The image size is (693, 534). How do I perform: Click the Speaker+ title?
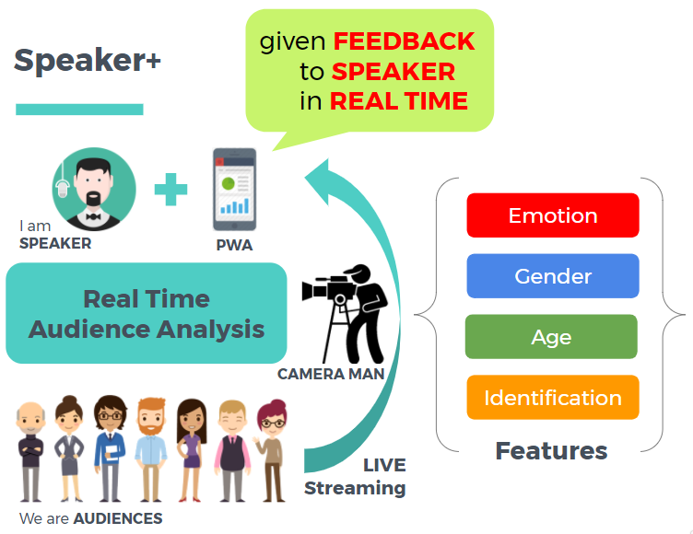pos(88,61)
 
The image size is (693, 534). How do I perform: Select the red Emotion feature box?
pos(552,215)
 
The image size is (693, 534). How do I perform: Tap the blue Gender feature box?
pos(552,276)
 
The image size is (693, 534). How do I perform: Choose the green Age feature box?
pos(551,337)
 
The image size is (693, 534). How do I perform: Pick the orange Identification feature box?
pos(552,398)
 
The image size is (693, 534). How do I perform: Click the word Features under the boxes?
pos(551,450)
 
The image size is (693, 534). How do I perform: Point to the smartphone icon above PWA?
pos(234,189)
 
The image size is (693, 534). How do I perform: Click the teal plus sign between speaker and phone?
pos(170,190)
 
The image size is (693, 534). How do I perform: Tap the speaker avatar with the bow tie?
pos(93,190)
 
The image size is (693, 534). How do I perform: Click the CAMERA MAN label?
pos(331,375)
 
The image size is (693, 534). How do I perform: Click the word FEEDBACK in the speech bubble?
pos(404,41)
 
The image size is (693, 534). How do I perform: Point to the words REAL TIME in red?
pos(398,101)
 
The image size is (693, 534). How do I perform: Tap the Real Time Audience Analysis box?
pos(146,313)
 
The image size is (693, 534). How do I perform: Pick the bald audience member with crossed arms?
pos(32,451)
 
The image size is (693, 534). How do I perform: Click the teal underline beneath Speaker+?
pos(79,110)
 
